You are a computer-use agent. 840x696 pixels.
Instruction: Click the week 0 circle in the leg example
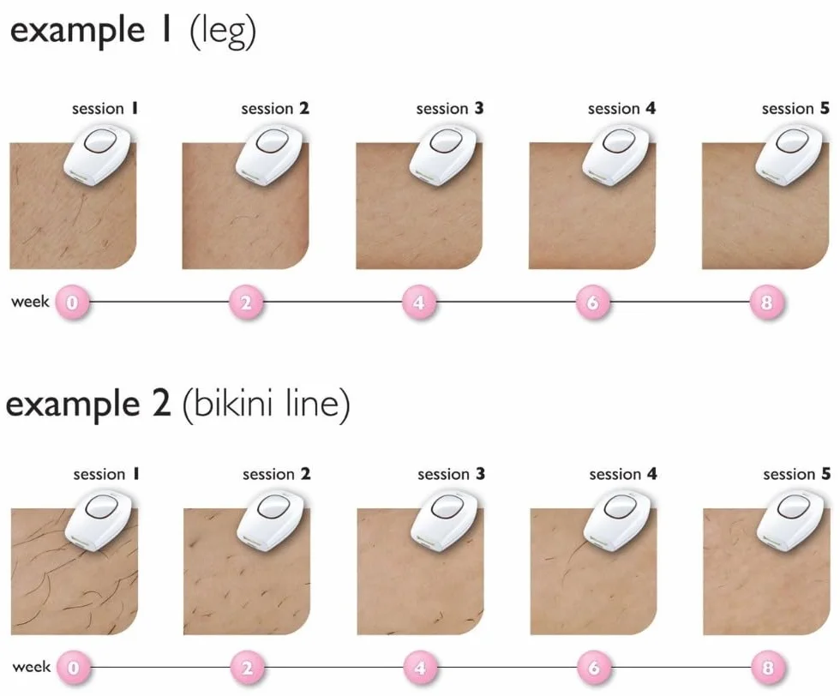(x=72, y=303)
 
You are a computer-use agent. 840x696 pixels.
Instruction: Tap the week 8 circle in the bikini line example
(x=768, y=668)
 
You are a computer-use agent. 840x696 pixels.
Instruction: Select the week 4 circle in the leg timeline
(x=419, y=303)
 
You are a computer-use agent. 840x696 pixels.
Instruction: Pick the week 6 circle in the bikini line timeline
(x=593, y=668)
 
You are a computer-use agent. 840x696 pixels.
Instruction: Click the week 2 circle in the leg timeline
(x=246, y=303)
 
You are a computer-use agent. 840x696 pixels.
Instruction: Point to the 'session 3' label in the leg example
(x=449, y=109)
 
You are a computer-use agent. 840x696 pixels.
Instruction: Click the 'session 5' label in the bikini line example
(x=796, y=474)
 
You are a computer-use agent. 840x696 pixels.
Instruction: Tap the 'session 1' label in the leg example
(x=105, y=109)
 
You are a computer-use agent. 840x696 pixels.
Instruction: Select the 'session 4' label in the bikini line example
(x=622, y=474)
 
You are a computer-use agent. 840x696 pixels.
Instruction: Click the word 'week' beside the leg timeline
(x=30, y=301)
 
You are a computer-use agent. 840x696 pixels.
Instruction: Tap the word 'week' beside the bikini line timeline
(x=31, y=667)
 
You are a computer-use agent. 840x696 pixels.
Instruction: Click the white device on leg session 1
(x=98, y=156)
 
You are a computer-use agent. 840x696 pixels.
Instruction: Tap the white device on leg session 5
(x=790, y=156)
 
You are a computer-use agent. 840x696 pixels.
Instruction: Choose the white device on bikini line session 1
(x=99, y=521)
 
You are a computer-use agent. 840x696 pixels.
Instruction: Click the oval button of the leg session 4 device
(x=619, y=142)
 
